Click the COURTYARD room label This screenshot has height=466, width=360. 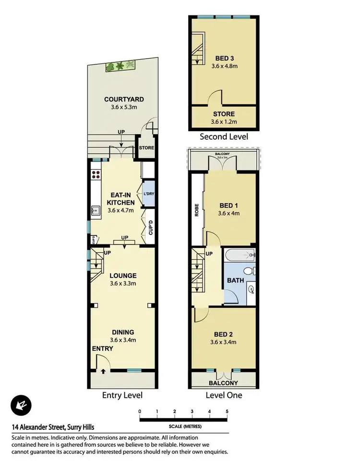click(x=124, y=100)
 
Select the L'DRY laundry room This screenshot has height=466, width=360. click(x=148, y=193)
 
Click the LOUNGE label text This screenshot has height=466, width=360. click(x=123, y=276)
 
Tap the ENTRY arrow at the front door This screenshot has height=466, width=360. click(x=104, y=370)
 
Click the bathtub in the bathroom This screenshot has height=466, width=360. click(x=239, y=255)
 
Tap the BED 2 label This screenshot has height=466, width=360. click(x=224, y=334)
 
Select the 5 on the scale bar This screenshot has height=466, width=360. click(x=227, y=412)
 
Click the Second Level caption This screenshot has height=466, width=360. click(x=224, y=137)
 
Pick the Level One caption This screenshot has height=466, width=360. click(x=224, y=395)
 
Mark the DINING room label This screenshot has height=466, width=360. click(x=123, y=332)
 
